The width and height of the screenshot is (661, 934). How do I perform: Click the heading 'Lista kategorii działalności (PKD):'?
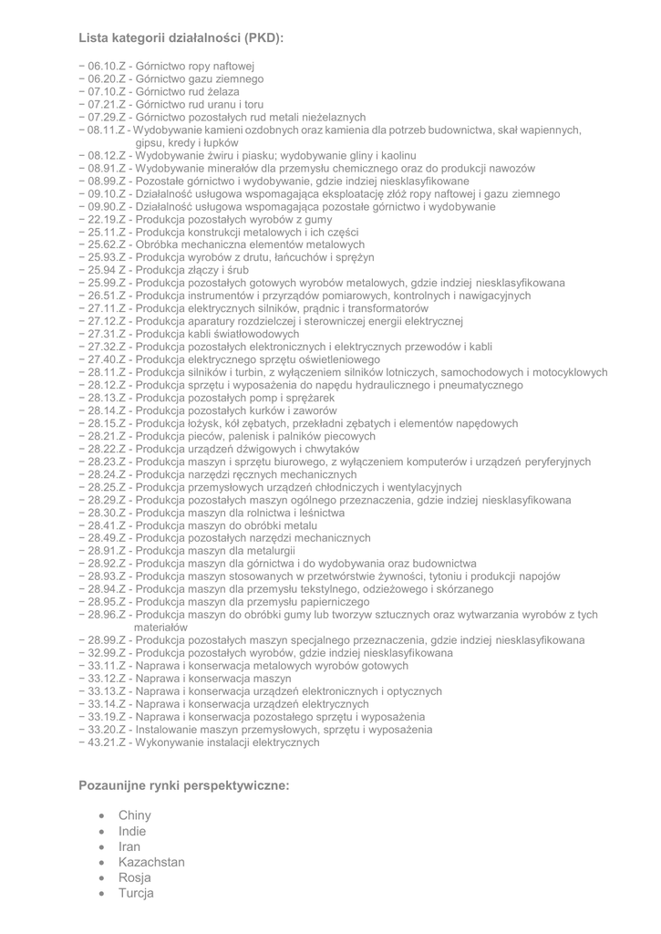181,38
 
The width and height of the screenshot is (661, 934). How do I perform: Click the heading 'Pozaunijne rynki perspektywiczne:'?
184,784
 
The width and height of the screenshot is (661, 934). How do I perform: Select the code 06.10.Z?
106,67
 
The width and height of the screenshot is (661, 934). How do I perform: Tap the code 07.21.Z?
106,105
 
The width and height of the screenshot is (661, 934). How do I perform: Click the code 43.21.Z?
106,742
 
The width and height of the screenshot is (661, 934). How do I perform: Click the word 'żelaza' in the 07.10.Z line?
222,92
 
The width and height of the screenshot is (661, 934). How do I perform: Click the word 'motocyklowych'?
571,372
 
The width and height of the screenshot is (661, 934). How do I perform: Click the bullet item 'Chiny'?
135,815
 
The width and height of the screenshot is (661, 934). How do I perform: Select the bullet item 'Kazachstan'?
151,862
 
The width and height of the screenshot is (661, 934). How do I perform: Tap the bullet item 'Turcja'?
136,893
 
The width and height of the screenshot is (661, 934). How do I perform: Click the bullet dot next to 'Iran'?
100,847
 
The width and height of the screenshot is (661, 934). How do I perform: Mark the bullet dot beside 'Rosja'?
100,878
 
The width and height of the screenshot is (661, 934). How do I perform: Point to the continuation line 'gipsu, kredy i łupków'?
187,143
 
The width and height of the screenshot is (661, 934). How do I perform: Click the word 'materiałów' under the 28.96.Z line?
160,628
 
